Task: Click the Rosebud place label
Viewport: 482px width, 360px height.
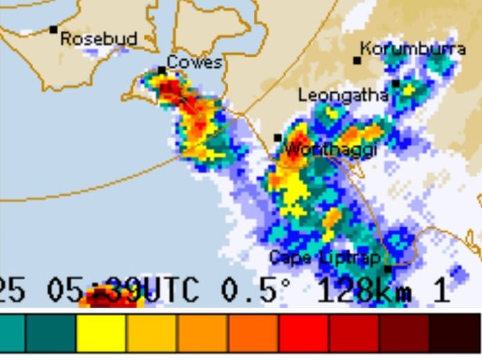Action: click(x=98, y=39)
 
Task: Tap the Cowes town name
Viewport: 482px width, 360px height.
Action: click(x=194, y=62)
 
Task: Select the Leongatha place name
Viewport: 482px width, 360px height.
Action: click(x=342, y=95)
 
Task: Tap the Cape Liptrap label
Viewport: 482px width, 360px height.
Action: click(x=324, y=258)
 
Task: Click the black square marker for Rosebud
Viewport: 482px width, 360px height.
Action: click(x=53, y=29)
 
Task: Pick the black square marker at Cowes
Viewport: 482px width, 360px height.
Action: click(x=161, y=70)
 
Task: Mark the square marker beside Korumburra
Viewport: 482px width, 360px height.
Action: click(x=357, y=60)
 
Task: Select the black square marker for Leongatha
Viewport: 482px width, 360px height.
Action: click(x=396, y=84)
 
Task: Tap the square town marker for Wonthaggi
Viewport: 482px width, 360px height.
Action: click(x=277, y=138)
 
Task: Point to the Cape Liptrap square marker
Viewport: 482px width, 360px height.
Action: click(x=387, y=269)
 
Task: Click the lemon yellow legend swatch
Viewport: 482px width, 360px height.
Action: click(x=101, y=334)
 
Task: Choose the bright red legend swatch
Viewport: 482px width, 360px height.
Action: click(x=304, y=334)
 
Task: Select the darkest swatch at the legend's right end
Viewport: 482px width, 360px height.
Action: click(x=454, y=334)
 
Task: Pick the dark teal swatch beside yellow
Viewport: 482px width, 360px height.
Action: click(x=50, y=334)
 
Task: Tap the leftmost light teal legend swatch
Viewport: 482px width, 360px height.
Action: click(x=12, y=334)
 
